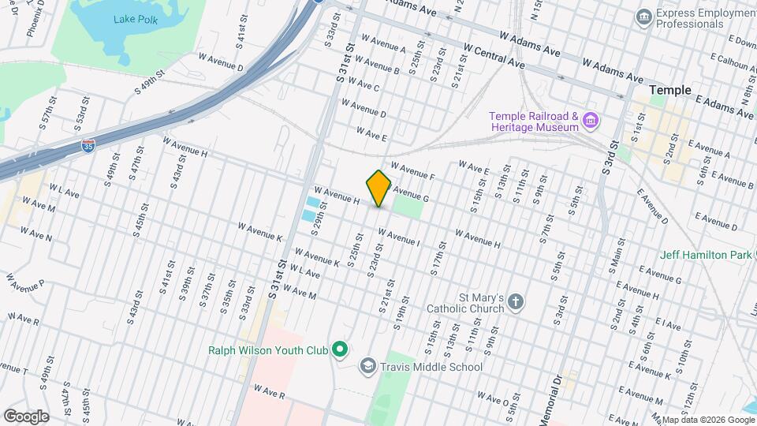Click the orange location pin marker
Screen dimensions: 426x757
378,189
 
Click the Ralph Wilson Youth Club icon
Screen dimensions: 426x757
340,349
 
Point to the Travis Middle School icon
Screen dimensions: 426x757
367,366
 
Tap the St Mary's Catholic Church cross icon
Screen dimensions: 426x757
515,302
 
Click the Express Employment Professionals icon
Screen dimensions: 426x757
644,16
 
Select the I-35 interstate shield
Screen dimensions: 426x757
89,145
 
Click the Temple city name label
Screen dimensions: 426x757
669,91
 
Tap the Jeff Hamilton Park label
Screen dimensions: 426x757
707,256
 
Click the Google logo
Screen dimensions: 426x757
25,416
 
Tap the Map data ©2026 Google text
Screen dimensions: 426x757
707,420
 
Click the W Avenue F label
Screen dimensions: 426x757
412,171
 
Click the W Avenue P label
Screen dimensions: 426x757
24,281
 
